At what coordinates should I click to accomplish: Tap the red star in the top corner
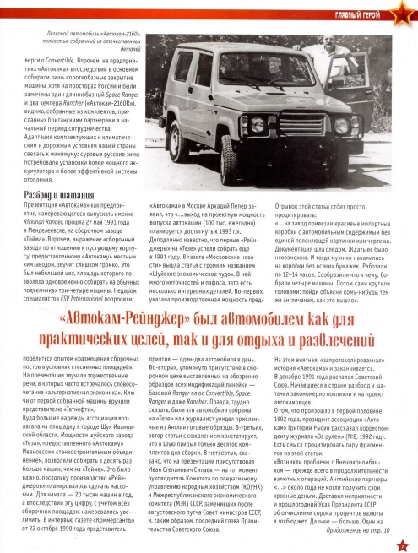point(407,8)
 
